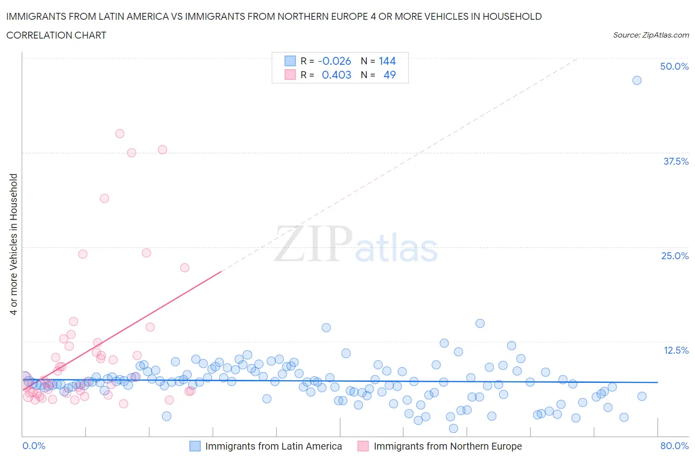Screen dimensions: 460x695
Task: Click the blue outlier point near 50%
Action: click(637, 80)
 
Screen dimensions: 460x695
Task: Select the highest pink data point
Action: click(120, 134)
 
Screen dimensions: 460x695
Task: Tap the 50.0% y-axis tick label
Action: click(674, 66)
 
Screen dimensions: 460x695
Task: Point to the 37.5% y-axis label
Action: click(676, 161)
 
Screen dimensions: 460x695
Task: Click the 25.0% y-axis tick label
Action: click(675, 256)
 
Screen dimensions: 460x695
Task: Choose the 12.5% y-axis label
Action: click(676, 350)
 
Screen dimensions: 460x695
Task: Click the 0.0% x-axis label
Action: click(34, 446)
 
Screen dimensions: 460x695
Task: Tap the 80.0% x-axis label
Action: click(674, 446)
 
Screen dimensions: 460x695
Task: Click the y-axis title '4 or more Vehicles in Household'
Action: click(14, 244)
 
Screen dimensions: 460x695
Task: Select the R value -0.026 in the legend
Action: click(334, 61)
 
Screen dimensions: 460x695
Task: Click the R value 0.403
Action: click(336, 75)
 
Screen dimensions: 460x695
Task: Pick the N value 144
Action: click(387, 61)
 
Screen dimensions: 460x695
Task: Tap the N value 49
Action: click(390, 75)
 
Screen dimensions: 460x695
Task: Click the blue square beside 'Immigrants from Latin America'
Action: click(195, 446)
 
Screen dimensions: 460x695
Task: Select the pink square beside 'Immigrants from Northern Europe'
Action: click(363, 446)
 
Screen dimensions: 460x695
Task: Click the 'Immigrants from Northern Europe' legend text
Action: click(447, 446)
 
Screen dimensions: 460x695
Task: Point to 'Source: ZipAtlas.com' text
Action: click(651, 35)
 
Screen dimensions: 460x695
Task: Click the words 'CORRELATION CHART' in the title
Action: click(56, 35)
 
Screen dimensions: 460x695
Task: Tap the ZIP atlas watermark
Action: click(356, 244)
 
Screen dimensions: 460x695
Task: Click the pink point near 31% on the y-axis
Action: click(104, 198)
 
